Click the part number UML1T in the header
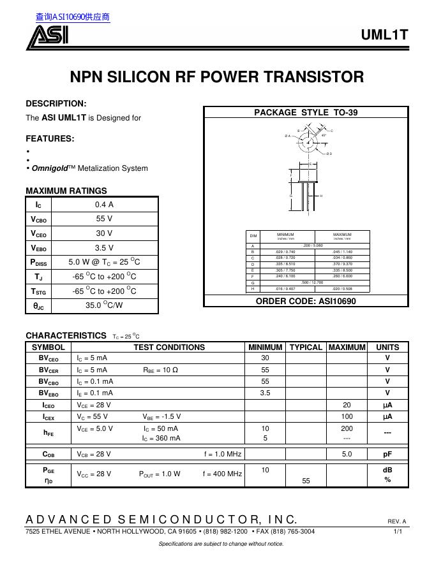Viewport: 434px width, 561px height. pos(384,36)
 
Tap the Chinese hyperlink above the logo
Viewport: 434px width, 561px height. pos(73,17)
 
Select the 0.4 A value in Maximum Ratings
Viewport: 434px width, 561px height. pos(104,205)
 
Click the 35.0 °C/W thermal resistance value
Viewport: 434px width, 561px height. pos(104,305)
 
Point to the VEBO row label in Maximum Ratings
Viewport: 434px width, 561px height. pos(38,248)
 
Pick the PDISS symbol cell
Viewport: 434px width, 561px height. pos(38,262)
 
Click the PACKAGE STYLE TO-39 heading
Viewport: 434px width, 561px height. pos(306,112)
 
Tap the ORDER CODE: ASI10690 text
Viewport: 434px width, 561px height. pos(306,301)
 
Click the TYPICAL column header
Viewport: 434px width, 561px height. pos(306,347)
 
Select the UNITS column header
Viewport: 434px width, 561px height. pos(387,347)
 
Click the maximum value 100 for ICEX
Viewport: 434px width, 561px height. pos(347,416)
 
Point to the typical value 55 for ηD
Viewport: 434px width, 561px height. pos(306,481)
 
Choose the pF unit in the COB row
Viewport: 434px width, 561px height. pos(387,455)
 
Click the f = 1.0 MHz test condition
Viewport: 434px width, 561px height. pos(223,455)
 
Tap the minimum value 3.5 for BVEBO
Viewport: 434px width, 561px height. pos(265,393)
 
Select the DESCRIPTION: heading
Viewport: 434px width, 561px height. pos(56,103)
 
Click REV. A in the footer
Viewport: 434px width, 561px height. pos(396,521)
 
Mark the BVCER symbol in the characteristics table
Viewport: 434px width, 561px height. pos(49,370)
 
